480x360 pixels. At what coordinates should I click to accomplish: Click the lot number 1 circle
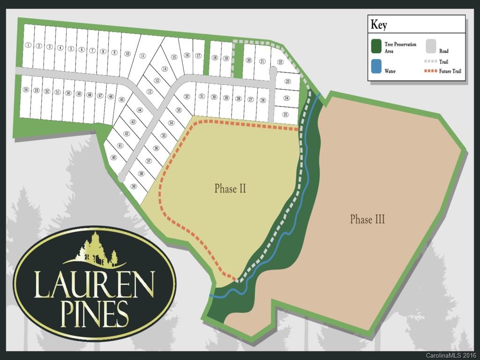28,45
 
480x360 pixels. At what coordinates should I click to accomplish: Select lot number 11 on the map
142,56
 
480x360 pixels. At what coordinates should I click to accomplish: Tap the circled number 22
280,62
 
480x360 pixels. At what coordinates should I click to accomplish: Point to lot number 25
285,114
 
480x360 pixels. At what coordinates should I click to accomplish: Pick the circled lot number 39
134,186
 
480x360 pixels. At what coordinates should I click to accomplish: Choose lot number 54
26,90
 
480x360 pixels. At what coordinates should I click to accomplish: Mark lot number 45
121,99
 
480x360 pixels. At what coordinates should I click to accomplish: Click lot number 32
187,97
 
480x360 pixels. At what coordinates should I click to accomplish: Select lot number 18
215,58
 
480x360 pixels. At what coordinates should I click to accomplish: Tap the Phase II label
230,188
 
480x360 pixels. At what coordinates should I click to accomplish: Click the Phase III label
367,219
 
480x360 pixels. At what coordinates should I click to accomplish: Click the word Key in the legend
379,24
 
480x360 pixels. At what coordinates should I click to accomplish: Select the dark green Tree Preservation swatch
376,46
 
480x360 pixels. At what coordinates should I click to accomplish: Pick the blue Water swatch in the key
376,66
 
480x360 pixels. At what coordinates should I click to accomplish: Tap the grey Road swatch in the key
431,45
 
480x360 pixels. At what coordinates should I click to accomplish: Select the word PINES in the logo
95,313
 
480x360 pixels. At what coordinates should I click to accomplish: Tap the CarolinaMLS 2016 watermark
450,355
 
